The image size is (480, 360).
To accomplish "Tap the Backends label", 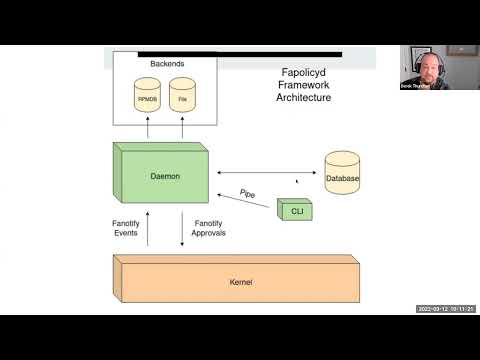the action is click(x=167, y=63).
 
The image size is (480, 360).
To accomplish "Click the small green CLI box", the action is click(x=294, y=209).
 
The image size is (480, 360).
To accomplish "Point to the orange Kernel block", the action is click(x=236, y=282).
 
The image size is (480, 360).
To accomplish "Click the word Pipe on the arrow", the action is click(x=249, y=192).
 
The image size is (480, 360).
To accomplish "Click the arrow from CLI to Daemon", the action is click(x=244, y=202).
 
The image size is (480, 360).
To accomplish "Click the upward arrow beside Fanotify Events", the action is click(x=147, y=228).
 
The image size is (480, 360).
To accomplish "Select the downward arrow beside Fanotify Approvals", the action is click(x=182, y=228).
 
